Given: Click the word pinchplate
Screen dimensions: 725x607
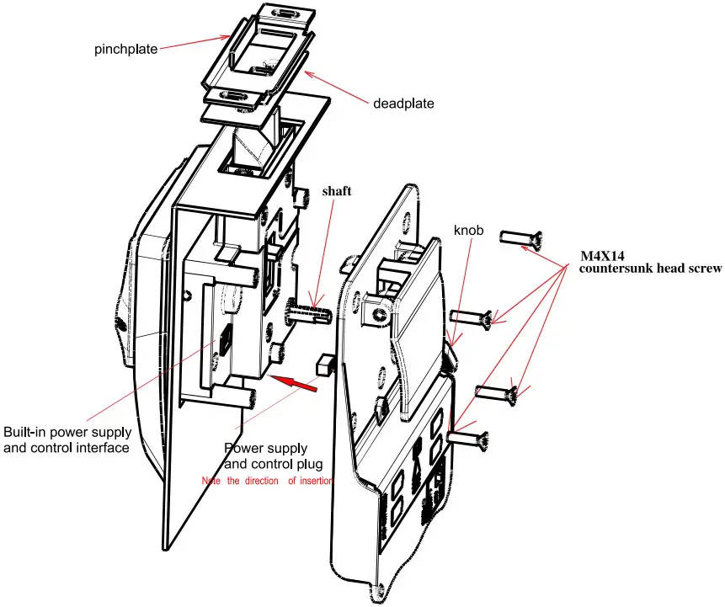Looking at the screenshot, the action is click(x=125, y=49).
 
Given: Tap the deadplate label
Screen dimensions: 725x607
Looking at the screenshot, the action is click(x=403, y=103).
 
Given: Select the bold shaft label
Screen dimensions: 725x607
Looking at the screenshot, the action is click(x=337, y=191).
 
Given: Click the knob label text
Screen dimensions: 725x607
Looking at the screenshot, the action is click(x=468, y=230).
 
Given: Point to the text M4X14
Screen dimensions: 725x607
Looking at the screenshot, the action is click(x=602, y=256).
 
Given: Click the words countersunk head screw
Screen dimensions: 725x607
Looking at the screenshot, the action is click(x=650, y=269).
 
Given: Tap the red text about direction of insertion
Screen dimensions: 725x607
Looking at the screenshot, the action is click(x=267, y=481).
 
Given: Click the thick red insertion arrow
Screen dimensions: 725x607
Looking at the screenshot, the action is click(x=293, y=383).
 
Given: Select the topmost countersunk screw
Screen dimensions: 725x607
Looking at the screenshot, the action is click(x=521, y=238).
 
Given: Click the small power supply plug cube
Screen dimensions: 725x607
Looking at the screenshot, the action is click(x=324, y=365).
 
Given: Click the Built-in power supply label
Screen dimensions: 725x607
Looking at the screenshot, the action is click(x=67, y=440).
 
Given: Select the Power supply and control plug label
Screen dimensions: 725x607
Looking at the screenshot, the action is click(x=274, y=455).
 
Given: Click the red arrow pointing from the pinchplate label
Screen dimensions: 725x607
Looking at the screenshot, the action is click(x=195, y=42).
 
